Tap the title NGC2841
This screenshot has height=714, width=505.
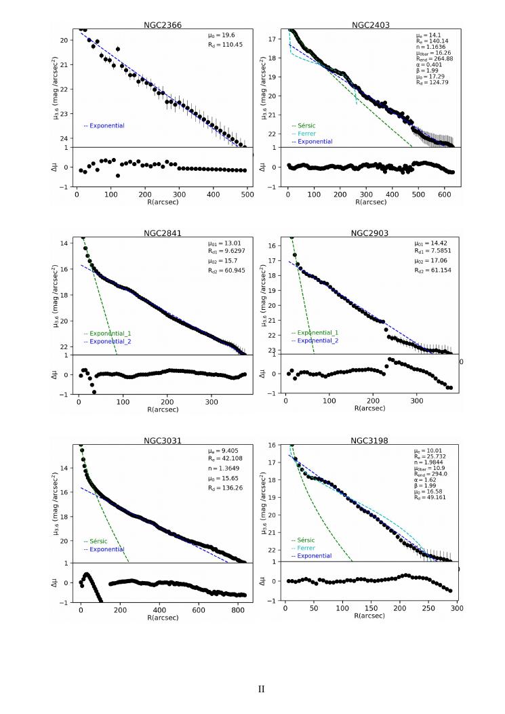163,233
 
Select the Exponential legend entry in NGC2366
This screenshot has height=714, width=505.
104,125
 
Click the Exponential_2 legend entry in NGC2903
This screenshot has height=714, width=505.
315,341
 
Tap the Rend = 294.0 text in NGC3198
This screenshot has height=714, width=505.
432,476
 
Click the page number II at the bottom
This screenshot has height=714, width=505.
262,689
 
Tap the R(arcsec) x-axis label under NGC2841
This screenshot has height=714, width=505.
163,410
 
